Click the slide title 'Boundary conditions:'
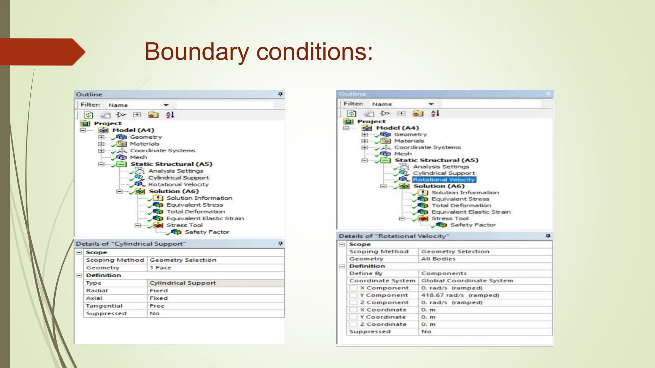tap(258, 52)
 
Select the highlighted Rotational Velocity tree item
tap(444, 180)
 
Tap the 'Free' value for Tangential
tap(157, 306)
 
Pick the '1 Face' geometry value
tap(160, 268)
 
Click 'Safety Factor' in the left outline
tap(207, 232)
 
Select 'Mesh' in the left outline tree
tap(138, 157)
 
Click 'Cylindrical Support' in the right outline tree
tap(444, 173)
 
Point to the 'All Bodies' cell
tap(438, 259)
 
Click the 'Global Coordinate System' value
tap(467, 281)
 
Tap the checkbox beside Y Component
tap(353, 295)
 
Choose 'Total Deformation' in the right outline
tap(461, 206)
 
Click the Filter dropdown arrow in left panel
tap(166, 105)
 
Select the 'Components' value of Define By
tap(444, 273)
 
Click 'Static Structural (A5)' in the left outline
tap(171, 164)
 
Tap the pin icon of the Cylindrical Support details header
tap(280, 244)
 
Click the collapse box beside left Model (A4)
tap(83, 130)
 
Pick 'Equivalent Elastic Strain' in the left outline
tap(205, 218)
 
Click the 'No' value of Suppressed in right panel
tap(426, 332)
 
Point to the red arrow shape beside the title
tap(42, 52)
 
